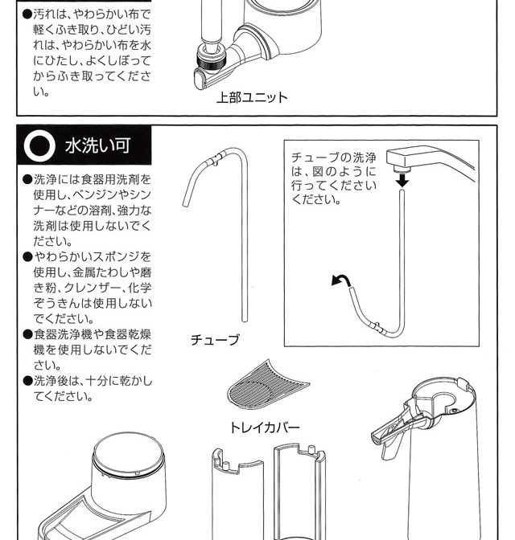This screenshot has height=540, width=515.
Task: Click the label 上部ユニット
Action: pyautogui.click(x=252, y=97)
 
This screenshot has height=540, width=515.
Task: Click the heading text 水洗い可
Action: pyautogui.click(x=97, y=145)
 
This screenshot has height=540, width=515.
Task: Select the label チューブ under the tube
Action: pyautogui.click(x=215, y=340)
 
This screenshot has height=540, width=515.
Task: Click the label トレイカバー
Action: pyautogui.click(x=265, y=427)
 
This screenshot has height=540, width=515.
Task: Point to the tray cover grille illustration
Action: pyautogui.click(x=268, y=384)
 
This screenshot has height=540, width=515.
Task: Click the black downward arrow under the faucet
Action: pyautogui.click(x=402, y=181)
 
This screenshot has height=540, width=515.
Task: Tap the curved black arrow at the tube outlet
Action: pyautogui.click(x=341, y=280)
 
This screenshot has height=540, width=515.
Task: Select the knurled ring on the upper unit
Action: pyautogui.click(x=211, y=59)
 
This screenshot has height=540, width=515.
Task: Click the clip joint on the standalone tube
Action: pyautogui.click(x=215, y=159)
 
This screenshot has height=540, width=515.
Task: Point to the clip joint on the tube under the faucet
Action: pyautogui.click(x=376, y=327)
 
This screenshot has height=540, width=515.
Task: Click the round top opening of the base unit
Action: pyautogui.click(x=128, y=452)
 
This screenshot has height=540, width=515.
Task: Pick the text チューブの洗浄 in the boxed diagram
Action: pyautogui.click(x=333, y=157)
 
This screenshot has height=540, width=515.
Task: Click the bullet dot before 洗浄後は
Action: pyautogui.click(x=27, y=381)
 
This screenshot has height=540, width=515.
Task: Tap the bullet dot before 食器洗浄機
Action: pyautogui.click(x=27, y=334)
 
